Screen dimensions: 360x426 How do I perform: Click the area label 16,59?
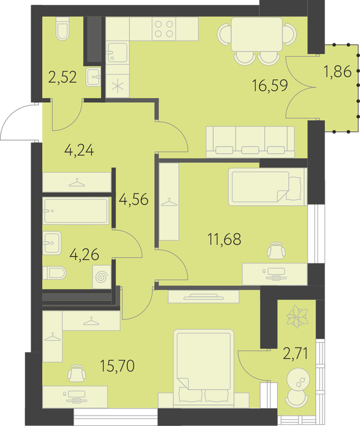coord(270,86)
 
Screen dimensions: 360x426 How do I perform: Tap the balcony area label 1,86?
coord(337,72)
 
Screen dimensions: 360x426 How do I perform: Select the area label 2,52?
coord(62,77)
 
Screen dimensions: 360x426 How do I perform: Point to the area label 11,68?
coord(224,239)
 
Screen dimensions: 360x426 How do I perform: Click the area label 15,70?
coord(117,366)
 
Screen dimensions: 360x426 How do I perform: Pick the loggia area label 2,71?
coord(295,354)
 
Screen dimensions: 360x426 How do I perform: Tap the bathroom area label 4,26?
coord(84,254)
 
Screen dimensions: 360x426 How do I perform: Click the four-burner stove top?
coord(164,29)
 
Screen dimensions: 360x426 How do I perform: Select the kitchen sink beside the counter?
coord(117,52)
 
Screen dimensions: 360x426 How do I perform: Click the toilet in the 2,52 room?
coord(63,29)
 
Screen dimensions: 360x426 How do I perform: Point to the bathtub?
coord(76,211)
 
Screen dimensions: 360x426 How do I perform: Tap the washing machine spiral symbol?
coord(102,277)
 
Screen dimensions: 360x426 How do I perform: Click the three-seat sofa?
coord(250,142)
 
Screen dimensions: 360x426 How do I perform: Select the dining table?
coord(256,34)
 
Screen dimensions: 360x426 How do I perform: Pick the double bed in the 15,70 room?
coord(203,369)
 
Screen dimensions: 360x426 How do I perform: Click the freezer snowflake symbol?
coord(118,86)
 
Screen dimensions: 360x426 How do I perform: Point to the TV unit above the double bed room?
coord(203,297)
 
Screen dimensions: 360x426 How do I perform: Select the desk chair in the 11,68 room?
coord(277,251)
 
